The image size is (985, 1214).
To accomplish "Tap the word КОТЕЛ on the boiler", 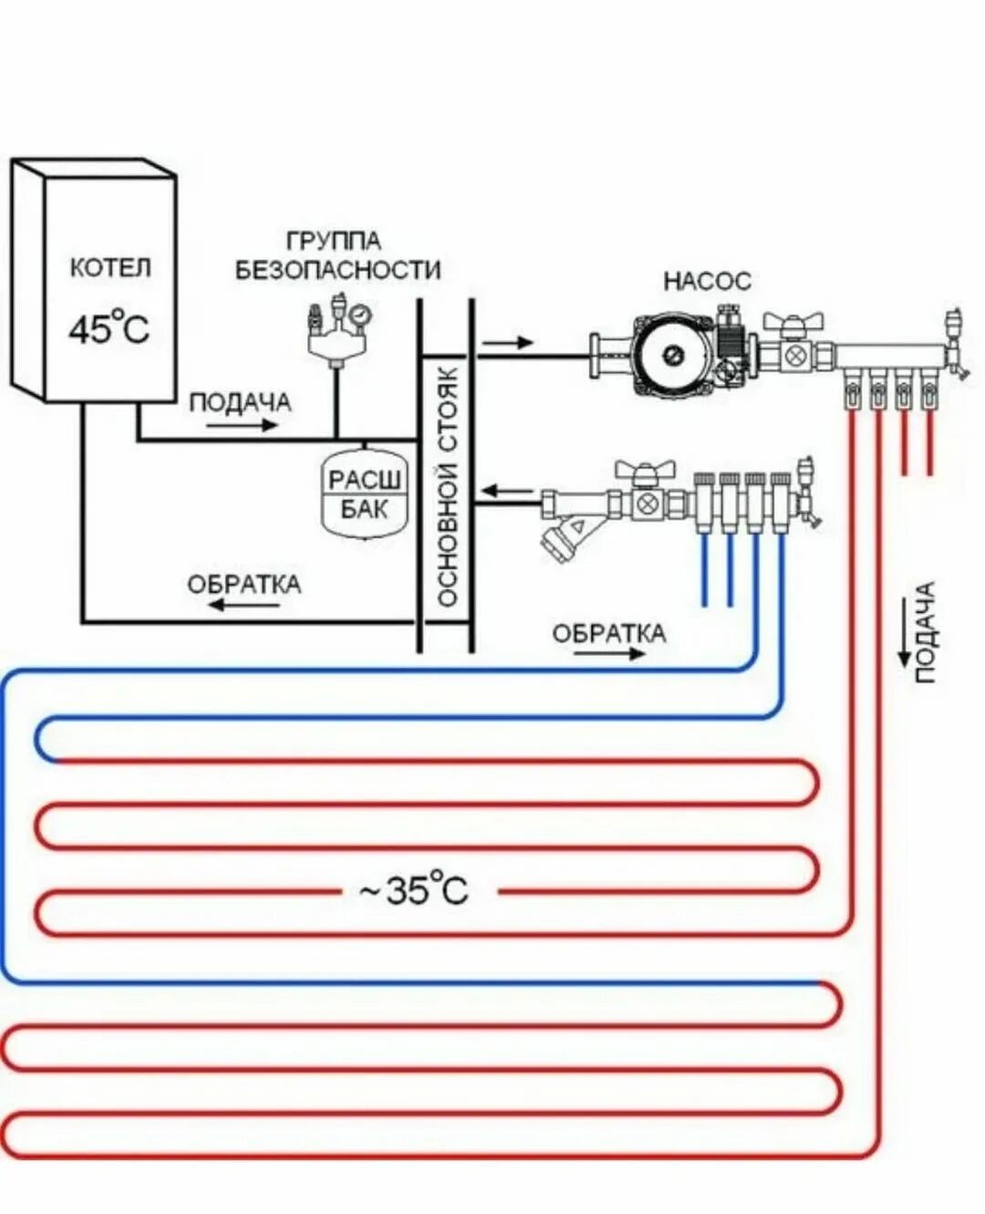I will pos(109,269).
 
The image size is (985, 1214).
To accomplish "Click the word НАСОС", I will pos(707,280).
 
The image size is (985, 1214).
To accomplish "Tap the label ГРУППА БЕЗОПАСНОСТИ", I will pos(337,256).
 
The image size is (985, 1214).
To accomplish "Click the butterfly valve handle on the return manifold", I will pos(646,469).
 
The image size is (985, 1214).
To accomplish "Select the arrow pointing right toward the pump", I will pos(506,343).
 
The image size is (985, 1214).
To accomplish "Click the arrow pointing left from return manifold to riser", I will pos(507,493).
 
